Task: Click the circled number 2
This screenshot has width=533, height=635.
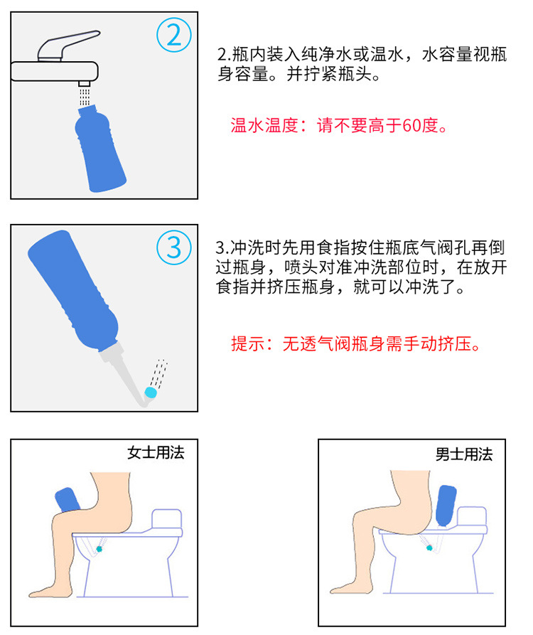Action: [x=173, y=36]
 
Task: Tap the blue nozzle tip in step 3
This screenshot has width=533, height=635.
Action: [x=150, y=391]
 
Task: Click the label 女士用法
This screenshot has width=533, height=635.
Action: [x=156, y=452]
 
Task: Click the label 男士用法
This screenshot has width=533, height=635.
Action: [x=463, y=454]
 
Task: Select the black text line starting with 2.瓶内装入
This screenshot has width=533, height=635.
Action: [x=362, y=54]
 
